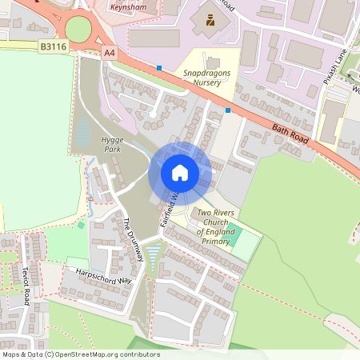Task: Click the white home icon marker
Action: tap(180, 173)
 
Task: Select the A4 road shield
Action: tap(110, 53)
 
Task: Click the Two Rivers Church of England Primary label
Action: tap(215, 227)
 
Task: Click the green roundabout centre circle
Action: tap(78, 30)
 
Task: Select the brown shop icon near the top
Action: tap(210, 19)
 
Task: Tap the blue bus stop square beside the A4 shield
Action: tap(159, 68)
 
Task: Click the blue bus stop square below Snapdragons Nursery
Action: tap(228, 110)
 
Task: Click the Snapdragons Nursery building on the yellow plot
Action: tap(212, 62)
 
